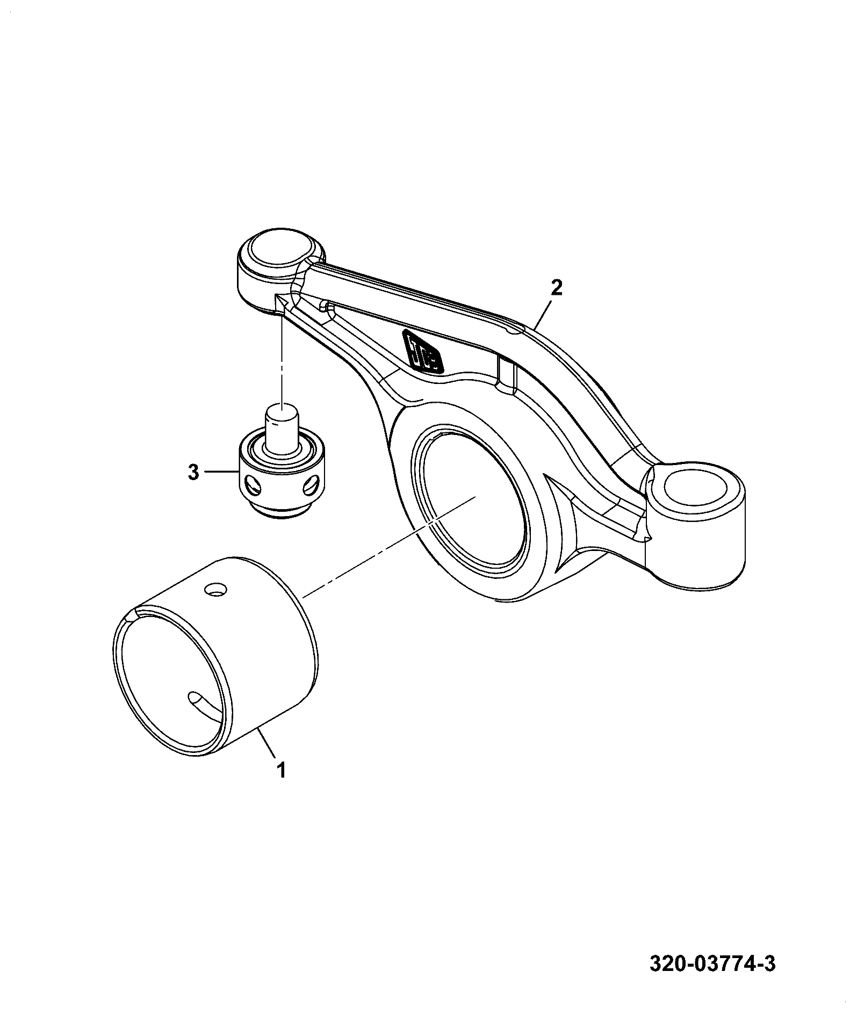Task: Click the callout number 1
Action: [281, 770]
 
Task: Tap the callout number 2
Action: [556, 288]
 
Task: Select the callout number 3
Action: [193, 473]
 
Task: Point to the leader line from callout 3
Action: [221, 472]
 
